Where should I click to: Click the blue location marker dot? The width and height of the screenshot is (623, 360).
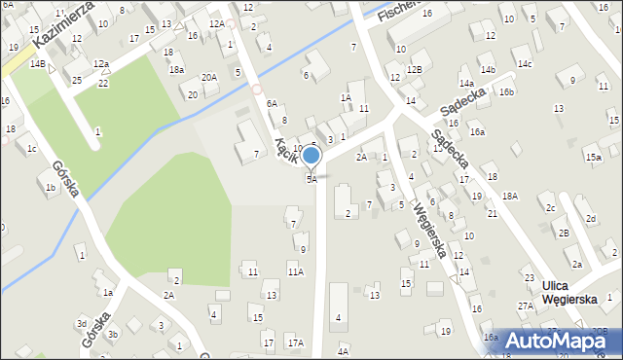click(x=311, y=156)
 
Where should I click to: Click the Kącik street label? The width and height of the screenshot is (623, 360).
click(x=285, y=151)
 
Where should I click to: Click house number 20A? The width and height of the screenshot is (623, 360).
click(x=209, y=77)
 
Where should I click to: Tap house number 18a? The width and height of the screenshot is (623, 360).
click(x=176, y=70)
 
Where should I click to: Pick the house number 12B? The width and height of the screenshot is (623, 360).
click(x=415, y=69)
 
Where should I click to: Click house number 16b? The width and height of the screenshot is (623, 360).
click(x=506, y=92)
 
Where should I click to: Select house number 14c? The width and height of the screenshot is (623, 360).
click(x=525, y=64)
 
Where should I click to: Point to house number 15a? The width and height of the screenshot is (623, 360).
click(x=593, y=157)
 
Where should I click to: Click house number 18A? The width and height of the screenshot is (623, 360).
click(x=510, y=197)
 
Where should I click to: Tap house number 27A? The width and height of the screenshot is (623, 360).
click(x=525, y=306)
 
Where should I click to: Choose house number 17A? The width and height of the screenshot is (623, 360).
click(x=295, y=342)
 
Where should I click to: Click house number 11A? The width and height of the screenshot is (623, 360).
click(x=295, y=271)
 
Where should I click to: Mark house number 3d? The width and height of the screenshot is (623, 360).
click(x=82, y=323)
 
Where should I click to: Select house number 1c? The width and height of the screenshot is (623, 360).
click(x=32, y=149)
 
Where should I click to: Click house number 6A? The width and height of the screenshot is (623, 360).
click(x=273, y=103)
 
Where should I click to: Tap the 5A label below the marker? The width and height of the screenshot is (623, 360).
click(x=311, y=179)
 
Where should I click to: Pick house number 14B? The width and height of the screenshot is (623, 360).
click(x=37, y=63)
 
